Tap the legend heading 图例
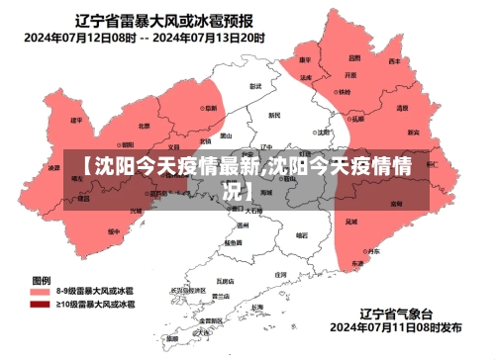42,279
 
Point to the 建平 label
76,120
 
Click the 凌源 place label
53,168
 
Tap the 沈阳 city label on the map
322,131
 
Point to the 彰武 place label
255,87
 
